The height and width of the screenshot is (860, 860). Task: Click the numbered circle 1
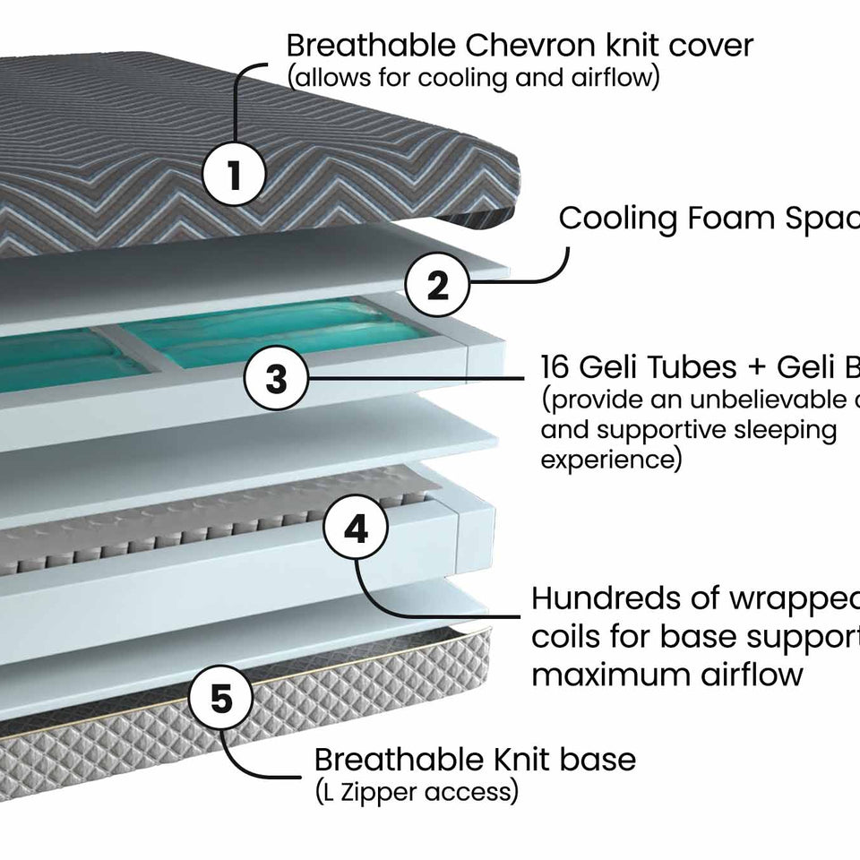pyautogui.click(x=235, y=175)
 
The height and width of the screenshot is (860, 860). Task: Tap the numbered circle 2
pyautogui.click(x=437, y=286)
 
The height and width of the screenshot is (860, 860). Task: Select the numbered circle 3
pyautogui.click(x=277, y=378)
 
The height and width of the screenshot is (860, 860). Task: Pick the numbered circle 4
pyautogui.click(x=356, y=529)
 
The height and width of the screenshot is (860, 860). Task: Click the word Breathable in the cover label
pyautogui.click(x=363, y=44)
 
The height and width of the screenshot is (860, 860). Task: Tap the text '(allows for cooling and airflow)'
pyautogui.click(x=474, y=78)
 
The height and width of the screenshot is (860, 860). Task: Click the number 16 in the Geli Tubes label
pyautogui.click(x=558, y=367)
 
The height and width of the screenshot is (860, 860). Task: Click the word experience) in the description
pyautogui.click(x=611, y=460)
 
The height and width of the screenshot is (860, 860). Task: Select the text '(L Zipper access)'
pyautogui.click(x=416, y=792)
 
